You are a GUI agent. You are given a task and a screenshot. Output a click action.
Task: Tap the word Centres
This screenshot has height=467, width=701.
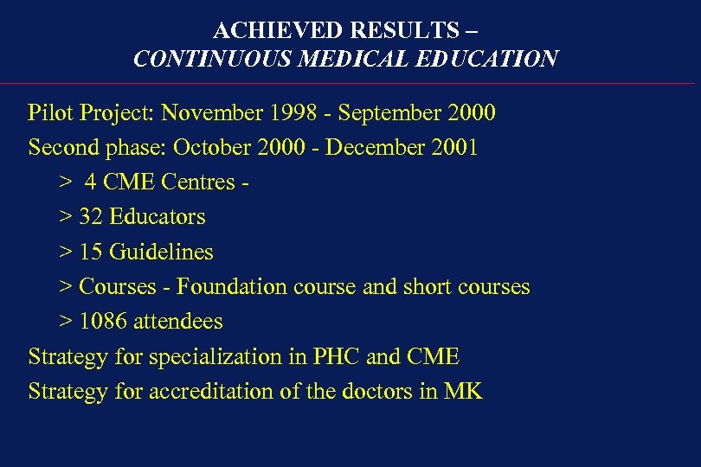[198, 182]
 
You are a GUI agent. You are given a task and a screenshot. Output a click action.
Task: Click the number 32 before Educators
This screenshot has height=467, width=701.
[91, 217]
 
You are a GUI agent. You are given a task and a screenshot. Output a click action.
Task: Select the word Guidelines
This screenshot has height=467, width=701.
[161, 253]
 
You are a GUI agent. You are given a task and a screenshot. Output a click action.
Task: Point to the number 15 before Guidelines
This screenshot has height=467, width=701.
[91, 253]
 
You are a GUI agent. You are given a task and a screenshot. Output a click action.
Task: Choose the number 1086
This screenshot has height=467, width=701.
[103, 322]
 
